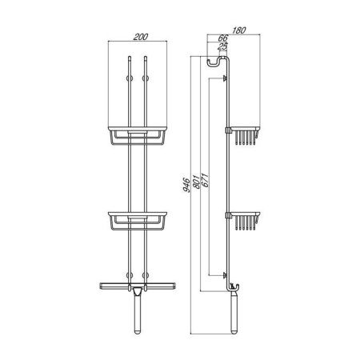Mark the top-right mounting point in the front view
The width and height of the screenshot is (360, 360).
coord(147,78)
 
